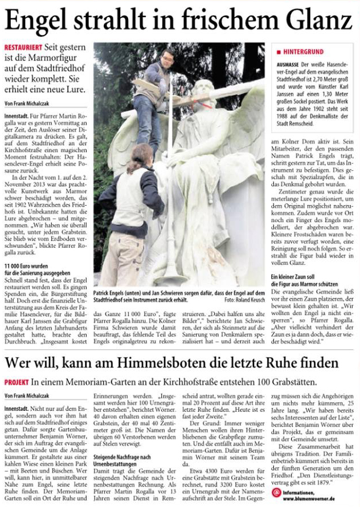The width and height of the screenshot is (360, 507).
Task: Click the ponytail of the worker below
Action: (x=132, y=161)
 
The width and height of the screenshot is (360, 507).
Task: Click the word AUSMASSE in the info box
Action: (x=289, y=67)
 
